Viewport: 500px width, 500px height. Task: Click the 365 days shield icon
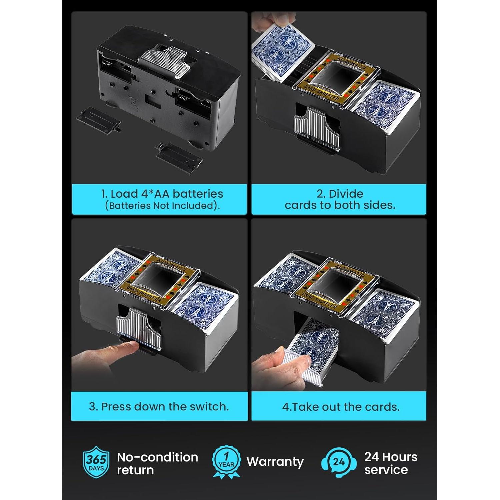(x=96, y=462)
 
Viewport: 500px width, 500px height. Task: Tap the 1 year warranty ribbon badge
(x=226, y=462)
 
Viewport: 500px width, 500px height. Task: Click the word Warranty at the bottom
(x=275, y=462)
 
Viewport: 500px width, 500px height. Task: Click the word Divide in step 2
(x=346, y=194)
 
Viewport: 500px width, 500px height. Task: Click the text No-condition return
(x=157, y=463)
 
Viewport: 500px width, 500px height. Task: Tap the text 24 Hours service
(x=391, y=463)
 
